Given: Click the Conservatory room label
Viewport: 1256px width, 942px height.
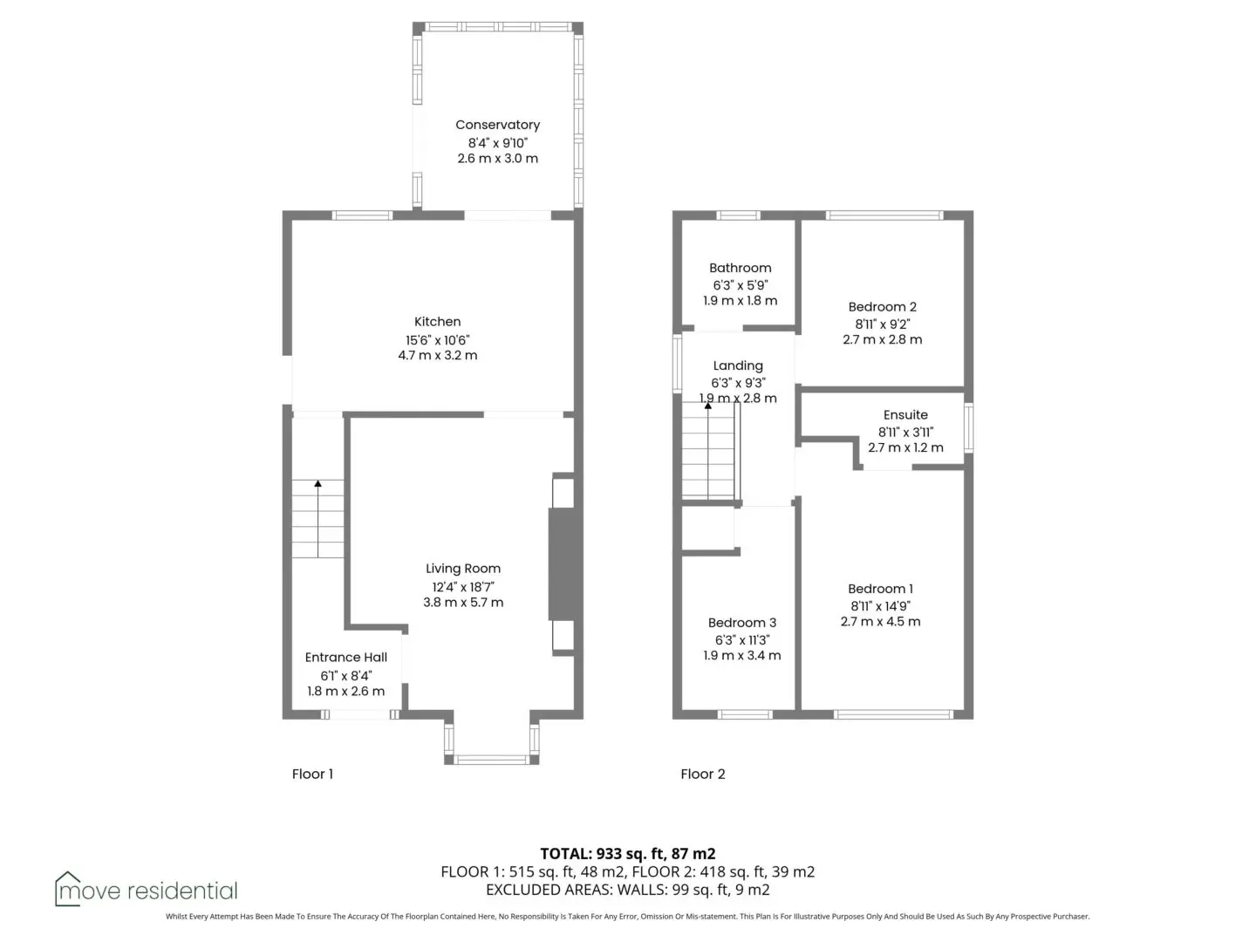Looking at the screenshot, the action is point(496,125).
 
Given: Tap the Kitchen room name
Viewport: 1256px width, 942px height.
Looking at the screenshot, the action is point(437,322).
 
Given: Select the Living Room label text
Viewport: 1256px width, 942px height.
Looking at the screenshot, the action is point(462,569).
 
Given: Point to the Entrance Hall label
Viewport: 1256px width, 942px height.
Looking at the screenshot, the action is point(345,657).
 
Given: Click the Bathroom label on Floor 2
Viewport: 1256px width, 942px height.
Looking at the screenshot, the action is point(740,268).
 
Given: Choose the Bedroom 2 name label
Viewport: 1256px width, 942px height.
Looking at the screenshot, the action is point(882,306).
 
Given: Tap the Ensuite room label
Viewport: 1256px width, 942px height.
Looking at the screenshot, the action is point(905,414).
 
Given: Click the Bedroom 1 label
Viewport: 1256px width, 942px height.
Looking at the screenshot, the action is point(880,589).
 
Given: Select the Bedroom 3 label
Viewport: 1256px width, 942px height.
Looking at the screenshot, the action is point(741,622).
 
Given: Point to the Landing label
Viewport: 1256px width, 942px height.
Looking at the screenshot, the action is point(738,365).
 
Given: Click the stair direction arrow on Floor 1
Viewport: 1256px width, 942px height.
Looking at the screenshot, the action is point(318,519).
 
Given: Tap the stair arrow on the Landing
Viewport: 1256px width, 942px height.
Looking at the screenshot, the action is point(708,450).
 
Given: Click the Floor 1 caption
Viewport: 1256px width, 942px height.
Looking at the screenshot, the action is point(312,774).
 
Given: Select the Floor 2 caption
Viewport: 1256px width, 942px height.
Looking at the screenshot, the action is point(703,774).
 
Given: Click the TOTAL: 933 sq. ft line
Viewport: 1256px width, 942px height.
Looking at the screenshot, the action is point(628,854).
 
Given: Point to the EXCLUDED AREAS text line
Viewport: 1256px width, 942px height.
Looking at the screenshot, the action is point(628,890).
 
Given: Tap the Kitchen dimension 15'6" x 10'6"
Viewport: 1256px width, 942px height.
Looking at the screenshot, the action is point(437,340).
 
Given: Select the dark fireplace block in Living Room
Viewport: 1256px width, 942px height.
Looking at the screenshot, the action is point(565,563).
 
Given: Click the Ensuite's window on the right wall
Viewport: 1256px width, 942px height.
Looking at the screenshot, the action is point(968,427).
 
